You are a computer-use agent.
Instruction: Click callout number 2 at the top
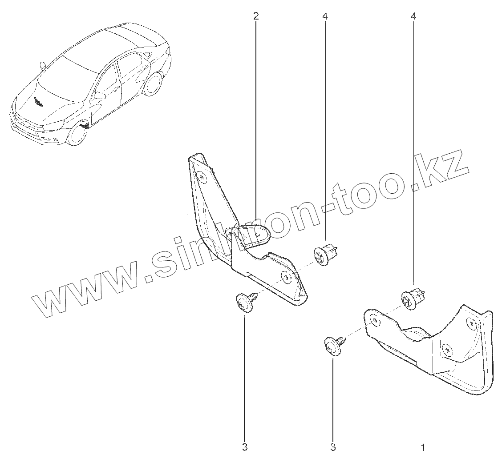point(256,16)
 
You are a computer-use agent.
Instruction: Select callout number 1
point(423,447)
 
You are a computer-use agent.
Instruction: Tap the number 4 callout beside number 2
point(325,16)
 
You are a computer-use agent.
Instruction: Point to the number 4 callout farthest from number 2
point(414,16)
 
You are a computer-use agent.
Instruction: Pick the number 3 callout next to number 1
point(333,447)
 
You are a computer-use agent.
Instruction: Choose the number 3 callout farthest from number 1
point(244,447)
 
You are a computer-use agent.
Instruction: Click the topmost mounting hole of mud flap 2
point(202,177)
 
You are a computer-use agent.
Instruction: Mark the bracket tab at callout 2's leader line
point(255,233)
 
